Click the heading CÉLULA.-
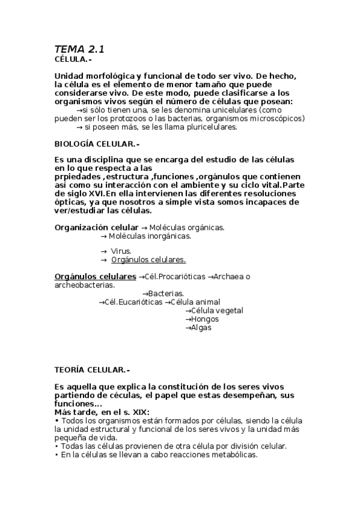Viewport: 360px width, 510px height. click(x=73, y=60)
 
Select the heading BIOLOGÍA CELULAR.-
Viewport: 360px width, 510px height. click(x=96, y=144)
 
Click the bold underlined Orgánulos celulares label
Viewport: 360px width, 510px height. click(x=95, y=276)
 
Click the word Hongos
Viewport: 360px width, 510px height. click(x=204, y=319)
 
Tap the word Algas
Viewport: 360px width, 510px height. click(x=201, y=328)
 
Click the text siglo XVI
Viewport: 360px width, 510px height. click(x=83, y=194)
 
